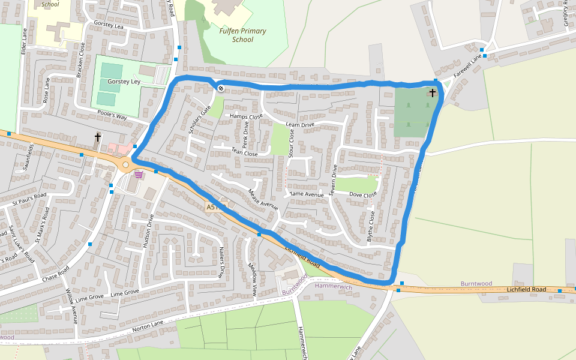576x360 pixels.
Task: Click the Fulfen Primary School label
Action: pyautogui.click(x=243, y=35)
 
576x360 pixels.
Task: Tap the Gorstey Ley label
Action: pyautogui.click(x=124, y=81)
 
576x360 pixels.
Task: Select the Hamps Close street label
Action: pyautogui.click(x=246, y=116)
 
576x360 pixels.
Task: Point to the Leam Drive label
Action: pyautogui.click(x=300, y=125)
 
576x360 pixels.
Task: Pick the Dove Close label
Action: pyautogui.click(x=363, y=195)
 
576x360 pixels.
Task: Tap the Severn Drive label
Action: pyautogui.click(x=334, y=180)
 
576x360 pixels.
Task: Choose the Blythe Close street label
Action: pyautogui.click(x=371, y=226)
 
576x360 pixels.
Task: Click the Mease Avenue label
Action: pyautogui.click(x=263, y=199)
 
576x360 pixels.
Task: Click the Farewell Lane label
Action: pyautogui.click(x=467, y=67)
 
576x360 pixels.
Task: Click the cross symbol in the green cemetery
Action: pyautogui.click(x=433, y=93)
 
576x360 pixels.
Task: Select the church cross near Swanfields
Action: pyautogui.click(x=97, y=137)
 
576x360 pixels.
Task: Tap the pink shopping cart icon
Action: pyautogui.click(x=139, y=175)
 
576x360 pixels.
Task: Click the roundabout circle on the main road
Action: pyautogui.click(x=125, y=164)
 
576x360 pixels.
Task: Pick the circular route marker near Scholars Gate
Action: pyautogui.click(x=221, y=89)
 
